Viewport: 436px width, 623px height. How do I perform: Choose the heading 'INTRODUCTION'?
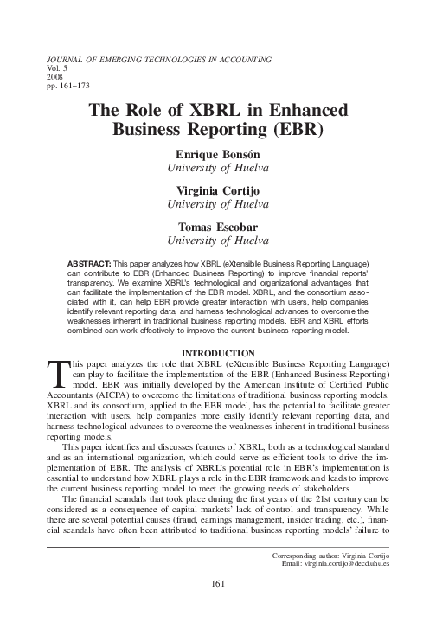(217, 352)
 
